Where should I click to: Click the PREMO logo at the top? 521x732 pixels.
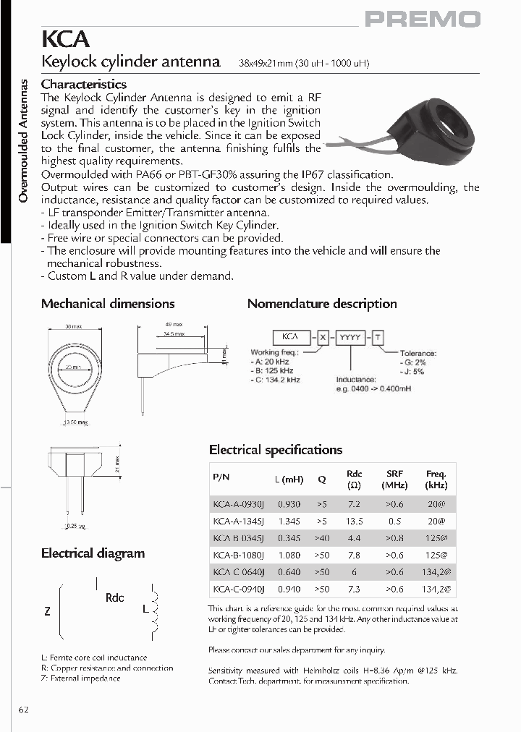(422, 19)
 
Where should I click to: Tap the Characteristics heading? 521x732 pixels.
(84, 85)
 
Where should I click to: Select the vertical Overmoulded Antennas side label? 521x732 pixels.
(22, 141)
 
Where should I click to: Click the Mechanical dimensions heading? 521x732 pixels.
(108, 304)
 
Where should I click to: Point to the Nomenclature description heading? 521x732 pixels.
(322, 304)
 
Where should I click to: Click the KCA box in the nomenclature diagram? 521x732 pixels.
(290, 337)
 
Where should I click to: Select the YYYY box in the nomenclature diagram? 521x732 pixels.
(348, 337)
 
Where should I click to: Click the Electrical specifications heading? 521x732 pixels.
(276, 450)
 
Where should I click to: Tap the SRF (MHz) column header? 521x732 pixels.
(395, 480)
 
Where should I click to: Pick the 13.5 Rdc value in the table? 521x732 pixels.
(355, 521)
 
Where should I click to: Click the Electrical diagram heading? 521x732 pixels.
(93, 553)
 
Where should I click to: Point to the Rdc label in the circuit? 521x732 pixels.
(115, 598)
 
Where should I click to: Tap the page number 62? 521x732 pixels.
(24, 709)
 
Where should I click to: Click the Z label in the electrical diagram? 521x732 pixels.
(47, 611)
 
